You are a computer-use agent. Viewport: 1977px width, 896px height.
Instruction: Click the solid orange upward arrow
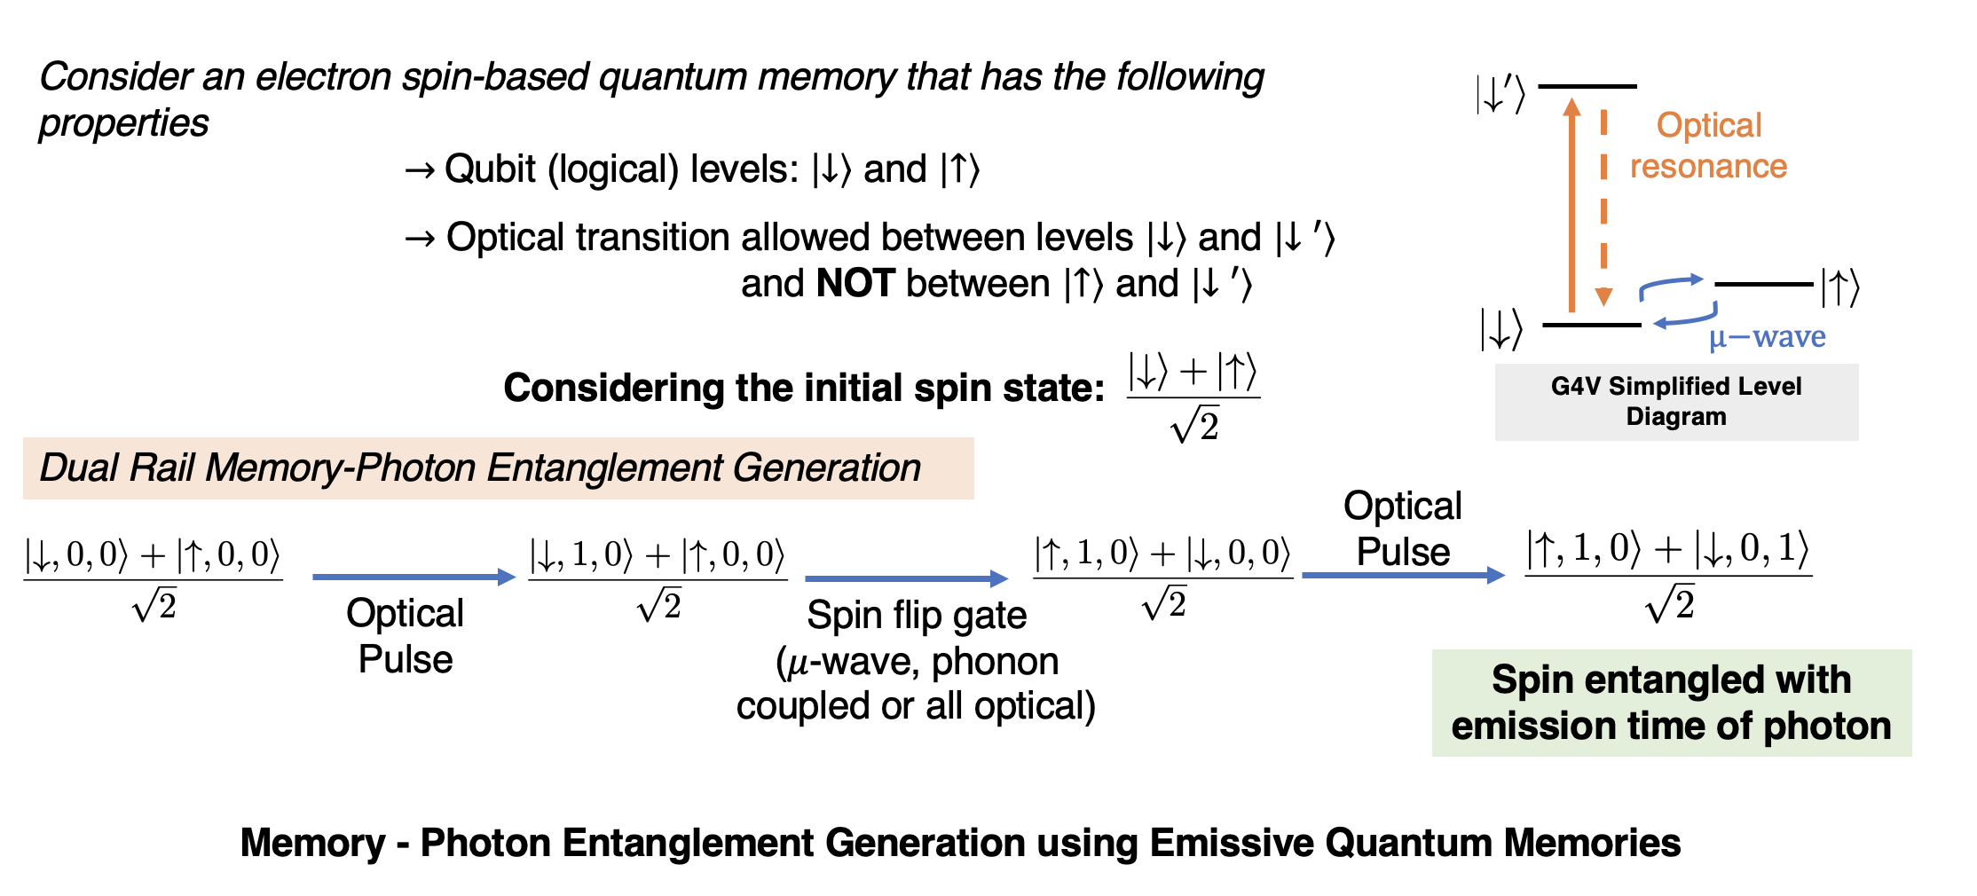click(x=1571, y=204)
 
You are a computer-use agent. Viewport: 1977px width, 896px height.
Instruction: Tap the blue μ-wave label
click(x=1767, y=337)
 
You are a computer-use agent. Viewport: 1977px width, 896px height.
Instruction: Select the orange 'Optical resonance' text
click(x=1708, y=145)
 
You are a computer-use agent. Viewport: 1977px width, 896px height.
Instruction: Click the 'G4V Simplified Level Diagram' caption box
click(x=1676, y=401)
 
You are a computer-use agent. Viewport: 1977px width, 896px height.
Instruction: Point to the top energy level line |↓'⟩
click(x=1587, y=86)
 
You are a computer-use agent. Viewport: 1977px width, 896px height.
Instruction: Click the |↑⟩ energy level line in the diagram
click(x=1763, y=284)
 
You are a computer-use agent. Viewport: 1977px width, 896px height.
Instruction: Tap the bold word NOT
click(x=855, y=284)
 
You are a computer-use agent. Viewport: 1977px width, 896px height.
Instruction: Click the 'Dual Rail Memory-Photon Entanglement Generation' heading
click(x=480, y=468)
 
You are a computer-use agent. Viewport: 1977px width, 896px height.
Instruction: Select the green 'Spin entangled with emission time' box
click(x=1671, y=703)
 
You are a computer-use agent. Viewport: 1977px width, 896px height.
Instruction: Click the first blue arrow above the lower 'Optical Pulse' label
click(x=414, y=578)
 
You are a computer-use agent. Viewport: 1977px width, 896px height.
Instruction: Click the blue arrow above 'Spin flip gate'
click(x=906, y=579)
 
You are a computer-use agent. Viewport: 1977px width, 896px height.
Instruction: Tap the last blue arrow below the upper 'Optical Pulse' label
click(x=1403, y=576)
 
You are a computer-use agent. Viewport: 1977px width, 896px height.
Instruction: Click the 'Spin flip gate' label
click(x=917, y=615)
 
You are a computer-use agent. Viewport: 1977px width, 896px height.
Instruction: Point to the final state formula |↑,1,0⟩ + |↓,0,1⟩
click(x=1667, y=575)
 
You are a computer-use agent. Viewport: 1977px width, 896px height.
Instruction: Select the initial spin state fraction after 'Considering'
click(x=1193, y=397)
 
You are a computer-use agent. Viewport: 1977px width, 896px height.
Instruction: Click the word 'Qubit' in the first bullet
click(x=490, y=169)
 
